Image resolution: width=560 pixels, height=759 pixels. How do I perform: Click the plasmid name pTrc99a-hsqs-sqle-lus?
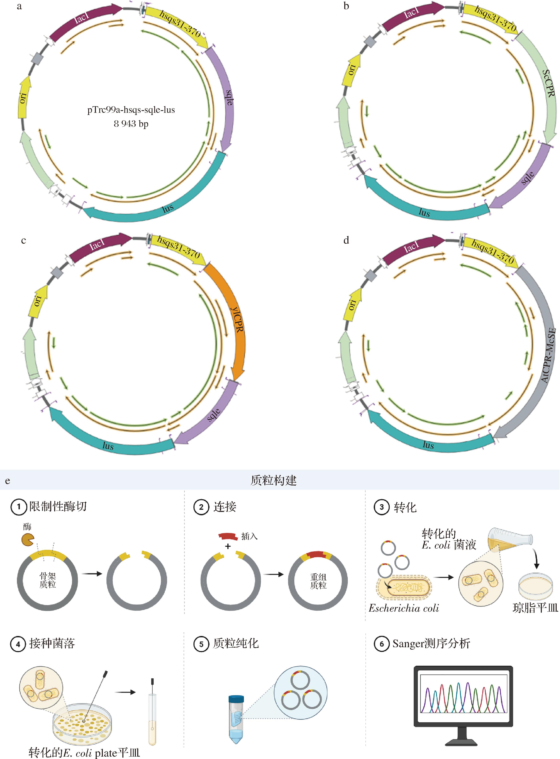pyautogui.click(x=131, y=110)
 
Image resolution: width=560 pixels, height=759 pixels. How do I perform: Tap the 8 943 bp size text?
pyautogui.click(x=131, y=124)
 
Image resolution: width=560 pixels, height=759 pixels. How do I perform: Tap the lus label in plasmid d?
pyautogui.click(x=428, y=445)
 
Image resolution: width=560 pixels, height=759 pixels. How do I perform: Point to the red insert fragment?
pyautogui.click(x=228, y=536)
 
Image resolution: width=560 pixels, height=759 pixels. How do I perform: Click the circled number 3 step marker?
pyautogui.click(x=381, y=507)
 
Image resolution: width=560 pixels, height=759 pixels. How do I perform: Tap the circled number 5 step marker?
pyautogui.click(x=201, y=644)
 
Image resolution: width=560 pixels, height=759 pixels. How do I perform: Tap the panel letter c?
pyautogui.click(x=23, y=241)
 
